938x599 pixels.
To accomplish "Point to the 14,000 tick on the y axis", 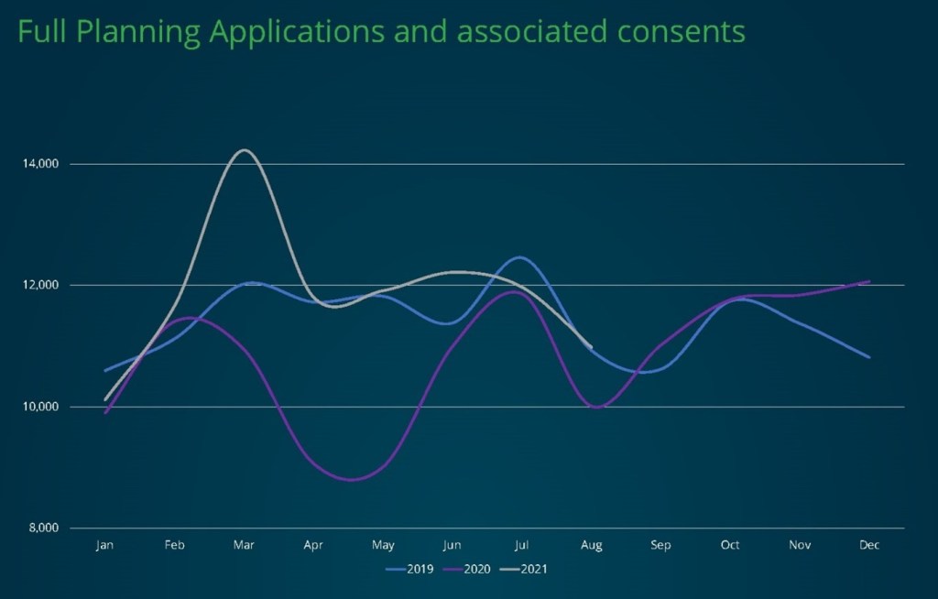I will click(x=40, y=164).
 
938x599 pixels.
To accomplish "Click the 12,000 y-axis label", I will click(x=40, y=285).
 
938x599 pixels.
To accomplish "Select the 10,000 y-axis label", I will click(x=40, y=407).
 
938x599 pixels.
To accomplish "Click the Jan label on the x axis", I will click(x=104, y=546).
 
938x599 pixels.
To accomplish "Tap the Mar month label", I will click(x=244, y=546).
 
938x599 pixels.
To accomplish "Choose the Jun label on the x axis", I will click(x=452, y=546).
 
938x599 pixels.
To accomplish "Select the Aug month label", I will click(x=591, y=546).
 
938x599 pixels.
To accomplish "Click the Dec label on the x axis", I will click(x=869, y=546).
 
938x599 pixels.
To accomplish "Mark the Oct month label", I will click(x=730, y=546).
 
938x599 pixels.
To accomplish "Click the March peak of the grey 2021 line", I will click(x=244, y=150).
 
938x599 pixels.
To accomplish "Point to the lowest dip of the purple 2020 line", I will click(x=350, y=479).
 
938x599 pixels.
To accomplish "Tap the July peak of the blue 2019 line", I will click(x=519, y=257).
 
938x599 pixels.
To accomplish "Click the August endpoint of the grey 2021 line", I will click(x=592, y=347).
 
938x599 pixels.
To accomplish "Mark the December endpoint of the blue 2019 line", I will click(x=869, y=357).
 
